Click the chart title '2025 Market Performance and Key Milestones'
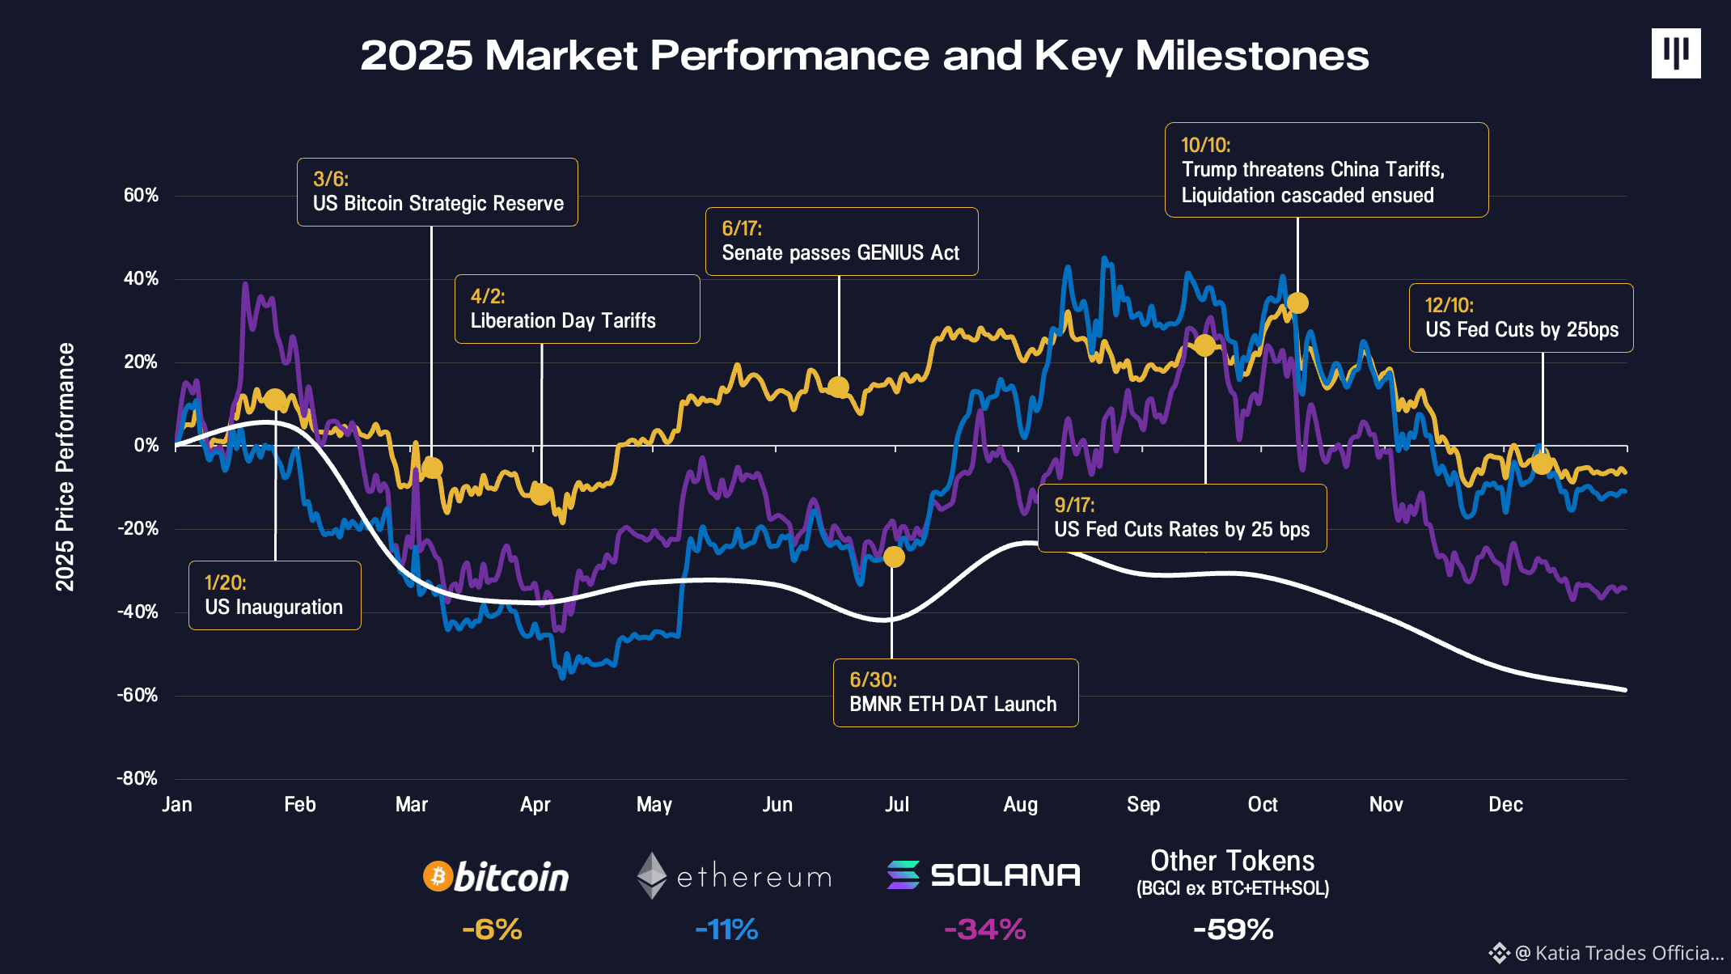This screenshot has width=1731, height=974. (x=864, y=56)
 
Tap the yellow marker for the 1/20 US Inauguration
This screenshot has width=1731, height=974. (x=275, y=400)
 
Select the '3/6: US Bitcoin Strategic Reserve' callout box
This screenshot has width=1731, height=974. (x=437, y=192)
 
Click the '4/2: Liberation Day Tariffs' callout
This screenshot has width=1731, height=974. (x=577, y=309)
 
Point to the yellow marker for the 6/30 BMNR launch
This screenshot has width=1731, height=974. (x=894, y=557)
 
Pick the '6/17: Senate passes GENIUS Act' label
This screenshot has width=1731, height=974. (x=841, y=241)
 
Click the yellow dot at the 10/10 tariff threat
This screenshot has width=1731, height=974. (x=1297, y=303)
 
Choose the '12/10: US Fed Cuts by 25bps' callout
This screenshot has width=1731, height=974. (x=1521, y=318)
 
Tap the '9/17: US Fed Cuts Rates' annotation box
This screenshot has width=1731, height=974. (x=1182, y=518)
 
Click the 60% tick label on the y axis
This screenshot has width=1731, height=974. (x=141, y=195)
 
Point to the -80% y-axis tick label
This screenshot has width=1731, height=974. (x=138, y=778)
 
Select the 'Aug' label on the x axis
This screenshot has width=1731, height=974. (x=1020, y=804)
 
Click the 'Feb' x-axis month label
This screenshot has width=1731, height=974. (x=299, y=804)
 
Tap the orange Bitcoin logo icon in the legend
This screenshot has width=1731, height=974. (x=438, y=876)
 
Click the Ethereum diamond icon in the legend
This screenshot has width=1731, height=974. (x=651, y=875)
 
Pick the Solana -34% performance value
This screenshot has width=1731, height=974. (x=984, y=929)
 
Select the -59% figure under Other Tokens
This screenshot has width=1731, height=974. (x=1233, y=929)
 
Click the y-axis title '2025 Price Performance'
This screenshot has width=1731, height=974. (x=65, y=467)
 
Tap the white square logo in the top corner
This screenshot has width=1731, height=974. (x=1676, y=53)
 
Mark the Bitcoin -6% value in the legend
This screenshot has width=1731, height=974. (x=492, y=929)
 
